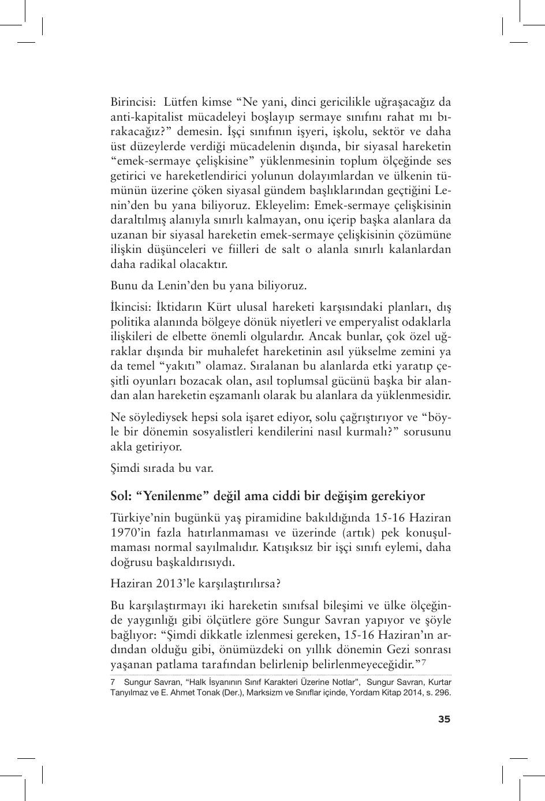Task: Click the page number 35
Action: [444, 719]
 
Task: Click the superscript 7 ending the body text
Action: [423, 662]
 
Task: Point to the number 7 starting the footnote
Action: [113, 682]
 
